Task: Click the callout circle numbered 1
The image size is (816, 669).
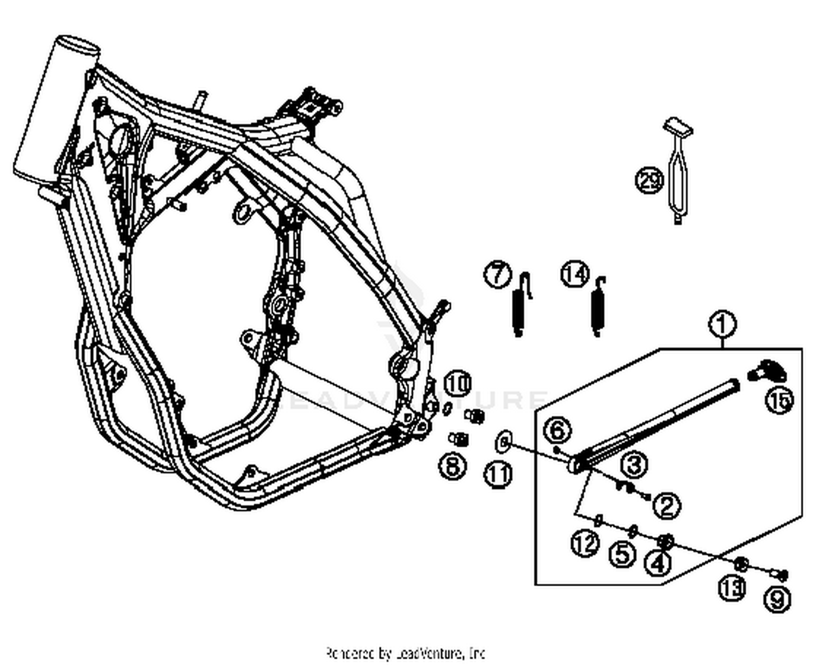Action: point(722,325)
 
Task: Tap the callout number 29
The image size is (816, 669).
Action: point(650,180)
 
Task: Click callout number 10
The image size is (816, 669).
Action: point(458,384)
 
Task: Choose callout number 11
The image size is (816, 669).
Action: point(498,475)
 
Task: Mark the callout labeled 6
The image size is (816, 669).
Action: point(558,431)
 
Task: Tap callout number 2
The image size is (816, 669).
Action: point(667,506)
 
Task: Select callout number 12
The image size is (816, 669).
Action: point(585,543)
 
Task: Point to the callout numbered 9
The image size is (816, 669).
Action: point(777,599)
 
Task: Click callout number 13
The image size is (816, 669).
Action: point(732,588)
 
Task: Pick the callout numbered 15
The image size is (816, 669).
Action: point(780,401)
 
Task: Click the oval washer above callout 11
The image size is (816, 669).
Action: point(504,441)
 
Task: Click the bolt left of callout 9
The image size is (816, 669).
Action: point(780,574)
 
